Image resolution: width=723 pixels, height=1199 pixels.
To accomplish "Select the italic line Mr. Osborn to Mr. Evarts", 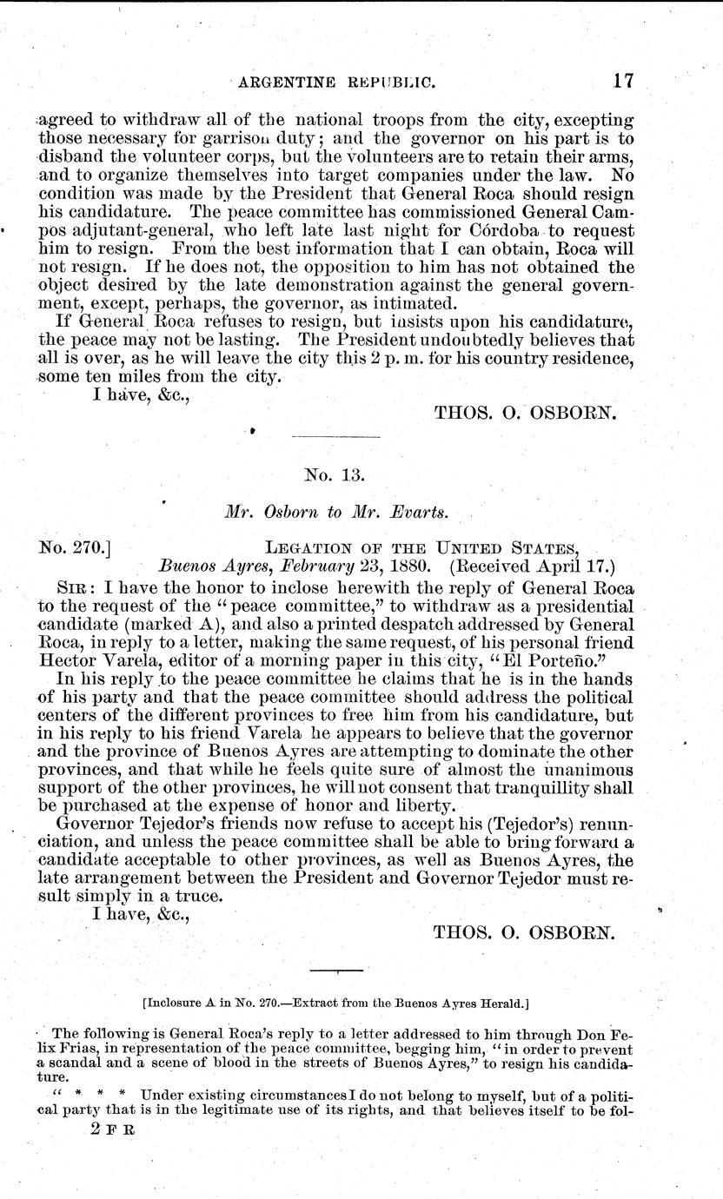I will coord(335,512).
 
